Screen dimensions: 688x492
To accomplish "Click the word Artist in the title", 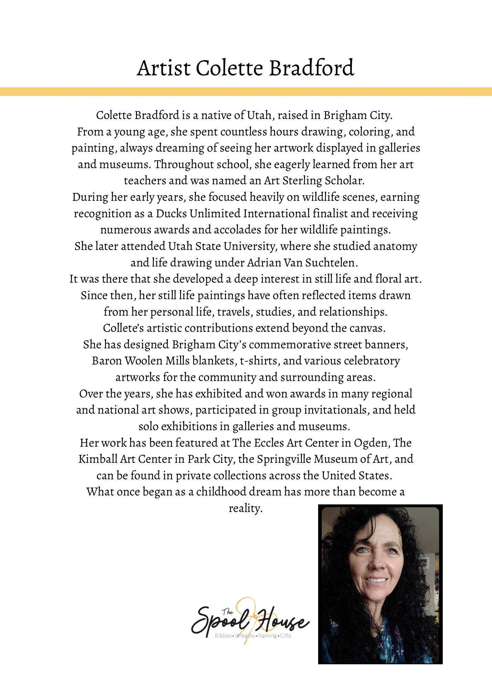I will coord(164,68).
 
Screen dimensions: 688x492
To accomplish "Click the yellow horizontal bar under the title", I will coord(246,91).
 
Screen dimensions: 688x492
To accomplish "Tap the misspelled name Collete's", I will coord(123,328).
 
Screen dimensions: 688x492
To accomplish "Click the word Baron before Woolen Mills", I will coord(107,361).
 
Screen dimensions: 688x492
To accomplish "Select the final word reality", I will coord(245,508).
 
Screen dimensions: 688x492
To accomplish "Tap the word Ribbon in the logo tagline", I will coord(223,636).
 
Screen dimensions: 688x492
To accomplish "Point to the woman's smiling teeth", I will coord(377,580).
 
